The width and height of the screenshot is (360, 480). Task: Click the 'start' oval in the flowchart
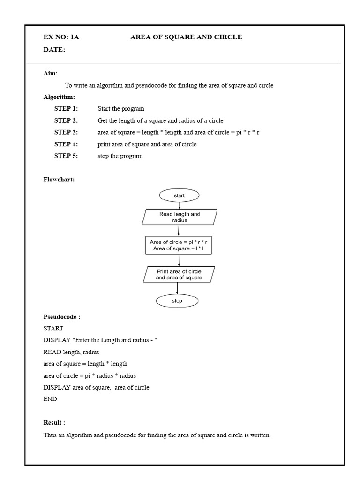click(x=179, y=195)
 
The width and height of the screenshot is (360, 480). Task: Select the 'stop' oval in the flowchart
click(x=177, y=301)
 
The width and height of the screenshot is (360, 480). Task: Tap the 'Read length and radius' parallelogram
click(x=180, y=217)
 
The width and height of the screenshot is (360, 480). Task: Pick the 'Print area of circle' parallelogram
click(x=179, y=275)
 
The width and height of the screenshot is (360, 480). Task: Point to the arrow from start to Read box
click(x=179, y=205)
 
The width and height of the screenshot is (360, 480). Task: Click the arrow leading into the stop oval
click(x=178, y=288)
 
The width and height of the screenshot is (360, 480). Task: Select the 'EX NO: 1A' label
click(x=61, y=37)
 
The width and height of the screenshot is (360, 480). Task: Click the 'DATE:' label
click(x=54, y=50)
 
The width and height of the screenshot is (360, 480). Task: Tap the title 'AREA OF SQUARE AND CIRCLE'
click(x=186, y=37)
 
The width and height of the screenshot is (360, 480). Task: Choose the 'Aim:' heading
click(x=51, y=74)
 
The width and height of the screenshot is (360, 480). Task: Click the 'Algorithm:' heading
click(x=59, y=97)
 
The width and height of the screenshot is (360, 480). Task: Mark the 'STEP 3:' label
click(x=66, y=132)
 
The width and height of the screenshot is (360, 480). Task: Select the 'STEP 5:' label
click(x=66, y=156)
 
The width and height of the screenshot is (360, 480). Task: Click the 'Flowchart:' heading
click(x=59, y=180)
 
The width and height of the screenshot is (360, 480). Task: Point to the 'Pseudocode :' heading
click(x=62, y=317)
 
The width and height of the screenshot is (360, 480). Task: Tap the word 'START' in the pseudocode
click(x=53, y=329)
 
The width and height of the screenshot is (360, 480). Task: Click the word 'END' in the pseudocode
click(x=50, y=399)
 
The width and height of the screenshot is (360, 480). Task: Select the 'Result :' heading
click(x=54, y=422)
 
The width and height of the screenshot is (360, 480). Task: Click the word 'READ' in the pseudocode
click(x=52, y=352)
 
